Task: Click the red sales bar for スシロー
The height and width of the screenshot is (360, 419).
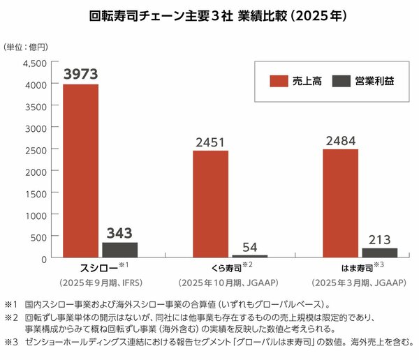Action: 81,171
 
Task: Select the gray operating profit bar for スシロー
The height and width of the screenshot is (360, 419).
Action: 120,250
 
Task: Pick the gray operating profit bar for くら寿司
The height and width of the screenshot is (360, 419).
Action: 250,256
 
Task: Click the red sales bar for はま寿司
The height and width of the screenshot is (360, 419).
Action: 340,204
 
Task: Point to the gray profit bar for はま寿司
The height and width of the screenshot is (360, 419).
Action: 379,253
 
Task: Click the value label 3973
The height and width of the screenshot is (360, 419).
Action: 81,74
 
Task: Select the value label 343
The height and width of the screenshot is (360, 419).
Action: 120,233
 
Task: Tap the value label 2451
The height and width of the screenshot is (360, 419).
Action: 210,142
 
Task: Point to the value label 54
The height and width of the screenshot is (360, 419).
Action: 250,247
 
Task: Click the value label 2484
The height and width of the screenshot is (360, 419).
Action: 340,140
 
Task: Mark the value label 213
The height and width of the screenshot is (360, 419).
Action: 379,239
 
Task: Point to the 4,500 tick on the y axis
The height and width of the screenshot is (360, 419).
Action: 34,63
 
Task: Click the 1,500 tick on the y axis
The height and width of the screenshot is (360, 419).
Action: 34,193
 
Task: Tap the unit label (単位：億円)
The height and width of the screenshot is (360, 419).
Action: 26,47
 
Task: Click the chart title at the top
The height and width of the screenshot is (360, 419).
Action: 209,14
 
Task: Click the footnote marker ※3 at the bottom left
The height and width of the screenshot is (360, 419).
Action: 12,342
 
